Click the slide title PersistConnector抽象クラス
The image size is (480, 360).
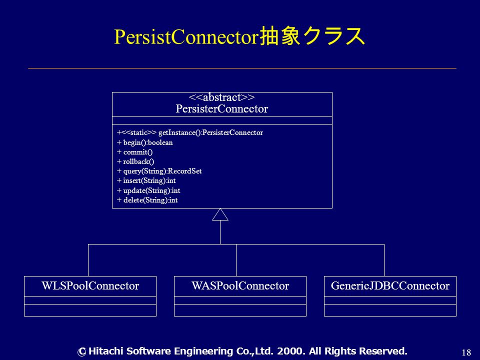pyautogui.click(x=239, y=36)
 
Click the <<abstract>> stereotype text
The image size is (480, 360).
pyautogui.click(x=222, y=97)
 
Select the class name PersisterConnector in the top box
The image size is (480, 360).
pyautogui.click(x=222, y=108)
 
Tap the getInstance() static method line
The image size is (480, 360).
pyautogui.click(x=190, y=132)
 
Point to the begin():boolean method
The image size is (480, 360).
pyautogui.click(x=145, y=142)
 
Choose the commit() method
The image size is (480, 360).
pyautogui.click(x=134, y=152)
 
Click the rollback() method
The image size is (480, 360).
pyautogui.click(x=135, y=161)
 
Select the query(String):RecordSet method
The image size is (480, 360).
pyautogui.click(x=159, y=171)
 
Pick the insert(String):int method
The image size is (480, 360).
pyautogui.click(x=146, y=180)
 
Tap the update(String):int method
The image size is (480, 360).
pyautogui.click(x=148, y=190)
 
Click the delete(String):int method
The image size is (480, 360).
pyautogui.click(x=147, y=200)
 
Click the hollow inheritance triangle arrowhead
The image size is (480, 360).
pyautogui.click(x=220, y=214)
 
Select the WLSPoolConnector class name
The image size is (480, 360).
pyautogui.click(x=90, y=285)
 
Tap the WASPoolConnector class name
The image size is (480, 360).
pyautogui.click(x=240, y=285)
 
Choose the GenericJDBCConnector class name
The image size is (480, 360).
pyautogui.click(x=390, y=285)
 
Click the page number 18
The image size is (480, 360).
pyautogui.click(x=466, y=352)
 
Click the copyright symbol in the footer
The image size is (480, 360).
pyautogui.click(x=81, y=352)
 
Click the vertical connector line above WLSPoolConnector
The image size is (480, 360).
pyautogui.click(x=88, y=260)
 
